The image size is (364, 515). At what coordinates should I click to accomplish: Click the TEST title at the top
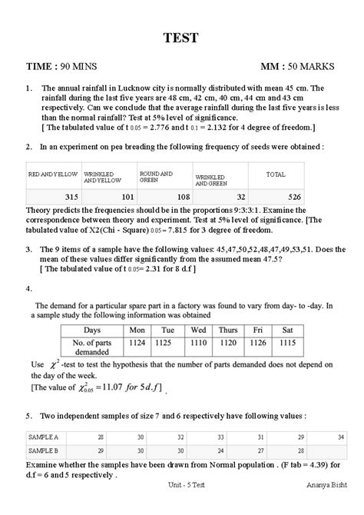click(182, 37)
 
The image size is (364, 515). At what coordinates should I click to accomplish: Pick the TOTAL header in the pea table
click(276, 175)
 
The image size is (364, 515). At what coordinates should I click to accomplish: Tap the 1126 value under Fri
click(259, 344)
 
